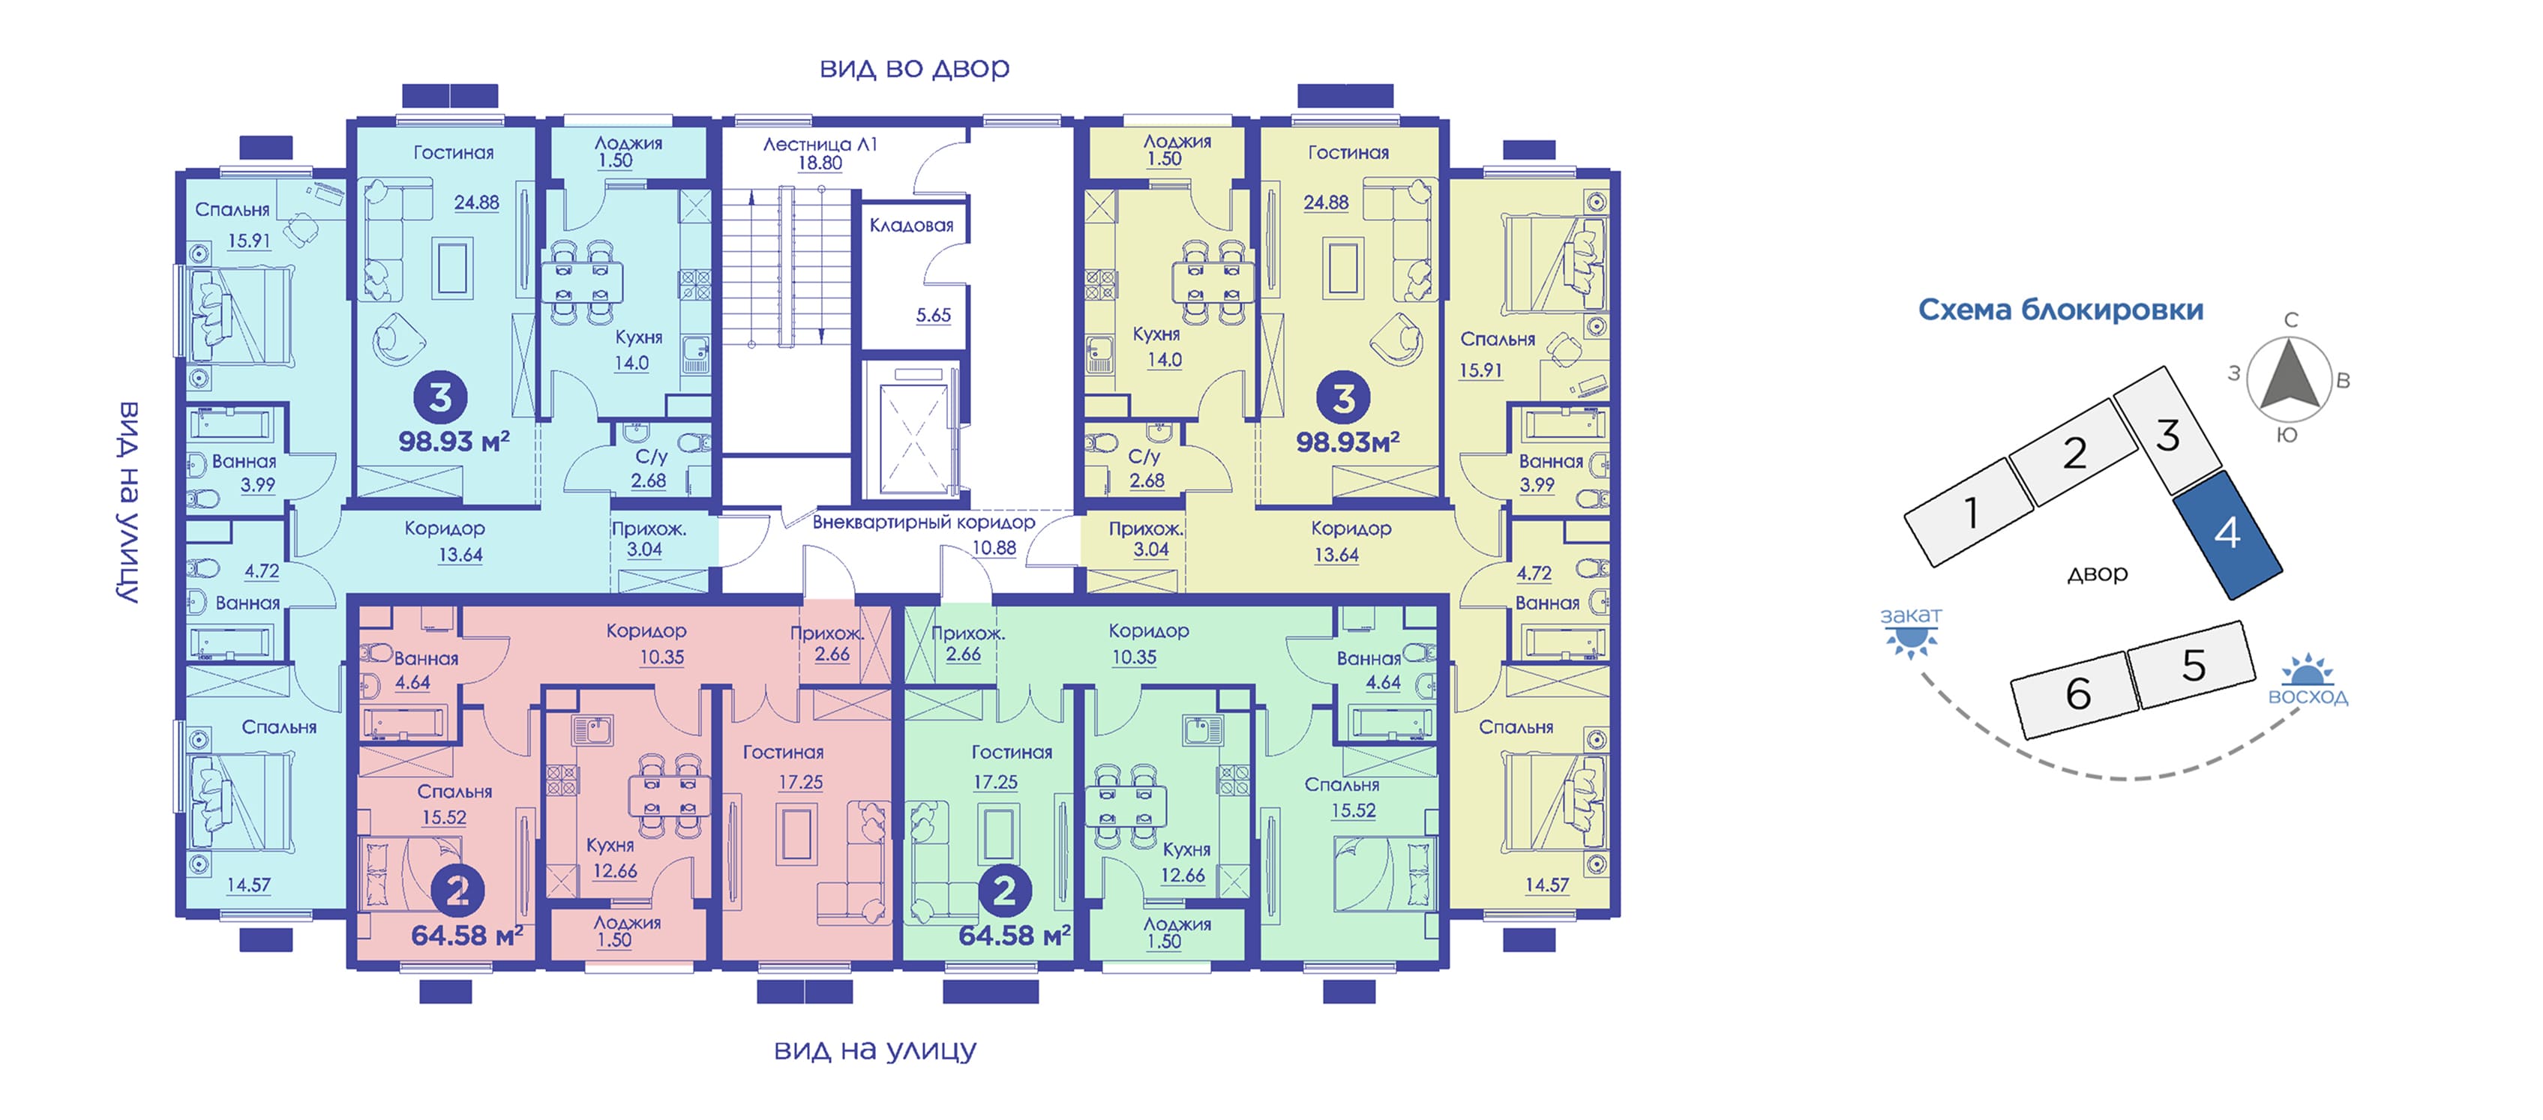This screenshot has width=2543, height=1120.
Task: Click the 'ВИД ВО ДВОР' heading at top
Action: point(914,68)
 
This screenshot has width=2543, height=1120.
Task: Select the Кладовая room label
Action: point(911,226)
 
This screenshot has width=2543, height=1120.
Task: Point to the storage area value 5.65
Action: point(933,316)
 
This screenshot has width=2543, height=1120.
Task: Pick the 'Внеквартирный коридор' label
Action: point(923,522)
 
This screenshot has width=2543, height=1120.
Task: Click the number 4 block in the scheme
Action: point(2227,534)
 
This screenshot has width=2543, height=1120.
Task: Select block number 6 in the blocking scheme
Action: point(2077,693)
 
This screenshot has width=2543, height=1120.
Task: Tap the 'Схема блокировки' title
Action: point(2060,310)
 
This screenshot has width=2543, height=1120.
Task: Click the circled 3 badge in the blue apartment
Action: point(440,397)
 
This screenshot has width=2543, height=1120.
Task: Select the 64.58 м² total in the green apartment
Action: point(1014,935)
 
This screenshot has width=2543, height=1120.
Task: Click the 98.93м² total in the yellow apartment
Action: point(1348,441)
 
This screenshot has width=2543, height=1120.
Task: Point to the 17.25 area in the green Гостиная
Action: point(995,783)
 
